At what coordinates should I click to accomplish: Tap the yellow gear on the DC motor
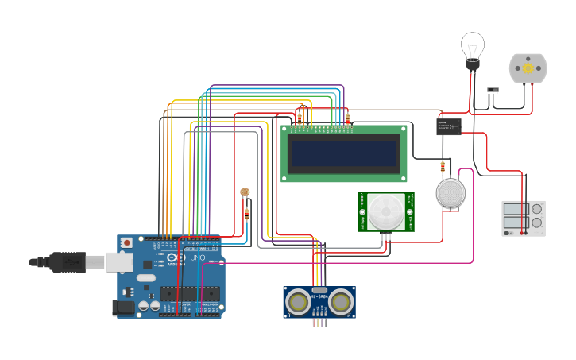tap(528, 69)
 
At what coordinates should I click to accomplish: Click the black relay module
tap(448, 126)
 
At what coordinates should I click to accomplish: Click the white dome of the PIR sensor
tap(385, 212)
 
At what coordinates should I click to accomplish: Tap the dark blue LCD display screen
tap(343, 153)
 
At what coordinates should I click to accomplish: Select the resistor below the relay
tap(443, 166)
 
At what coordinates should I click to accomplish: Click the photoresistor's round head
tap(245, 192)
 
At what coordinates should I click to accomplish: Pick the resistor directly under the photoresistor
tap(246, 213)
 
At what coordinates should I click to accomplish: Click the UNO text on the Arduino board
tap(197, 257)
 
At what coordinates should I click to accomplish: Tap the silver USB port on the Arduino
tap(119, 261)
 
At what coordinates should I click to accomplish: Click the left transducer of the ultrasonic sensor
tap(299, 301)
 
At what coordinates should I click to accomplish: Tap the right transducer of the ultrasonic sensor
tap(341, 301)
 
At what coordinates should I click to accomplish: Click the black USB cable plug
tap(68, 261)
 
